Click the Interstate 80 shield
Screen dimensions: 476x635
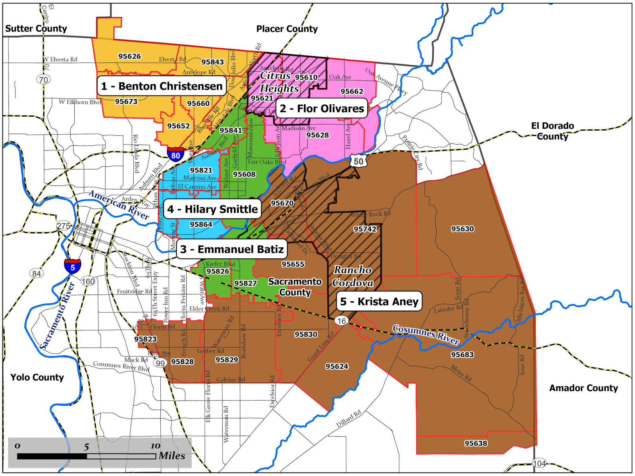[x=176, y=154]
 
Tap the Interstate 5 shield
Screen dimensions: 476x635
[x=72, y=266]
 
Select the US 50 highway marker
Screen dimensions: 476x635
[x=358, y=161]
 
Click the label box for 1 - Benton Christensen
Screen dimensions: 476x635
[x=162, y=86]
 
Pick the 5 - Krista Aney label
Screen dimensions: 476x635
[x=379, y=301]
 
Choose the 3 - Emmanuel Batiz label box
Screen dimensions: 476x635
[x=232, y=249]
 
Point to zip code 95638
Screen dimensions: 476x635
[x=476, y=443]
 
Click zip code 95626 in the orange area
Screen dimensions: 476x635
[x=130, y=56]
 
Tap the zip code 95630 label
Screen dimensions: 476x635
[x=462, y=229]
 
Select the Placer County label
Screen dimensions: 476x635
[x=287, y=29]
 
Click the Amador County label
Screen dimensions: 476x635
[x=583, y=388]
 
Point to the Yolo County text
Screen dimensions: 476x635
[x=37, y=377]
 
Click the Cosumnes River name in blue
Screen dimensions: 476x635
[x=425, y=334]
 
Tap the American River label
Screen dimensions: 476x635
[x=119, y=205]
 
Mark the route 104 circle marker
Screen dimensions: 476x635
[x=539, y=463]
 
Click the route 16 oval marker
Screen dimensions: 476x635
[x=342, y=321]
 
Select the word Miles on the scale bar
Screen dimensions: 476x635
[x=172, y=456]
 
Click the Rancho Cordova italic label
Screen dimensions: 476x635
[x=352, y=276]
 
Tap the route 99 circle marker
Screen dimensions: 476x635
[x=160, y=363]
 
